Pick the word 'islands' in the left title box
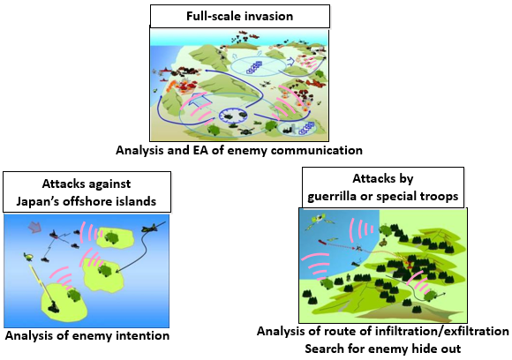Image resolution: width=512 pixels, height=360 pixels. coord(137,201)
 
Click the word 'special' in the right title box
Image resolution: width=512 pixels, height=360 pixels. coord(395,197)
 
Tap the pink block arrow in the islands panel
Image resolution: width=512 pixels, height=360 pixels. coord(35,227)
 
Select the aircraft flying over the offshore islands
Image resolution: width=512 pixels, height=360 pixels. coord(149,229)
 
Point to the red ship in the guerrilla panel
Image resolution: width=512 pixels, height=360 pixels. coord(322,242)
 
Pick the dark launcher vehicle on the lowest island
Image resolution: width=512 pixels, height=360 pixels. coord(53,306)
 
